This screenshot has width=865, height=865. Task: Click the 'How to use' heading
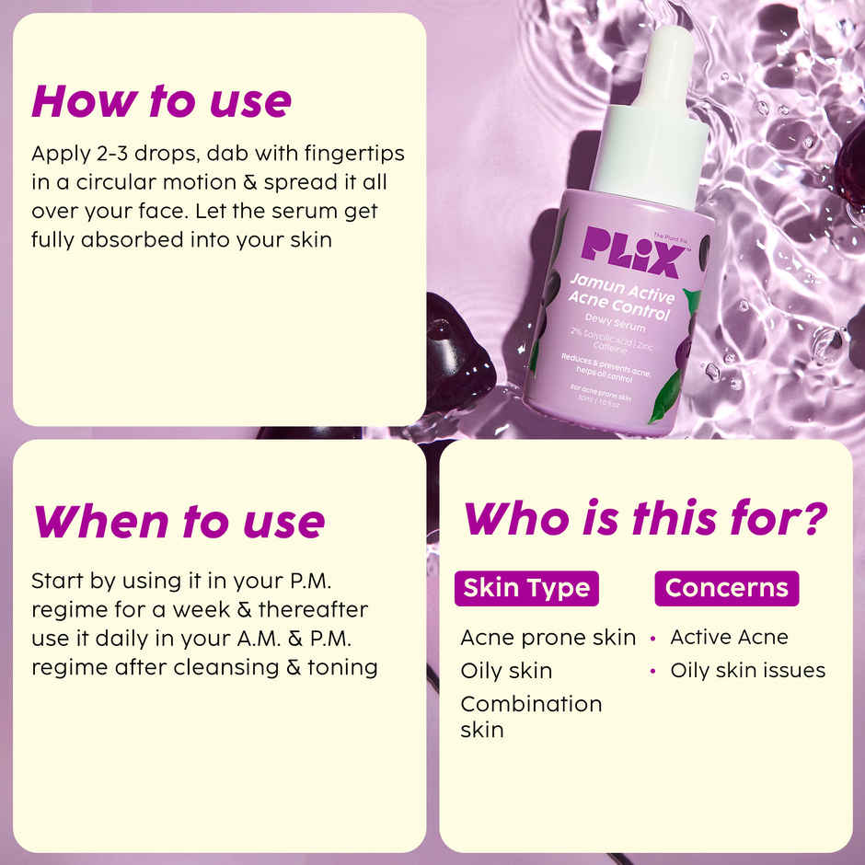tap(161, 101)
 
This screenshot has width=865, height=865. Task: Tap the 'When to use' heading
tap(179, 522)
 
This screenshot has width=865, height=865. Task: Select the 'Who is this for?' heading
tap(645, 518)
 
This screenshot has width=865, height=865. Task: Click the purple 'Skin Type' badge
tap(526, 588)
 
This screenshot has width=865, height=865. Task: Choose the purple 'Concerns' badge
tap(726, 588)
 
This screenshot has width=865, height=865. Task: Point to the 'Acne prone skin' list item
tap(548, 637)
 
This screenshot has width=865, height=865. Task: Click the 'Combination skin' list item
tap(530, 716)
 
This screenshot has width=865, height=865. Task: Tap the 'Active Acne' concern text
tap(729, 637)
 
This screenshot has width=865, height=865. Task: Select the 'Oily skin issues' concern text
tap(747, 671)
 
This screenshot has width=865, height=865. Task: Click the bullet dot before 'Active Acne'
tap(652, 638)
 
